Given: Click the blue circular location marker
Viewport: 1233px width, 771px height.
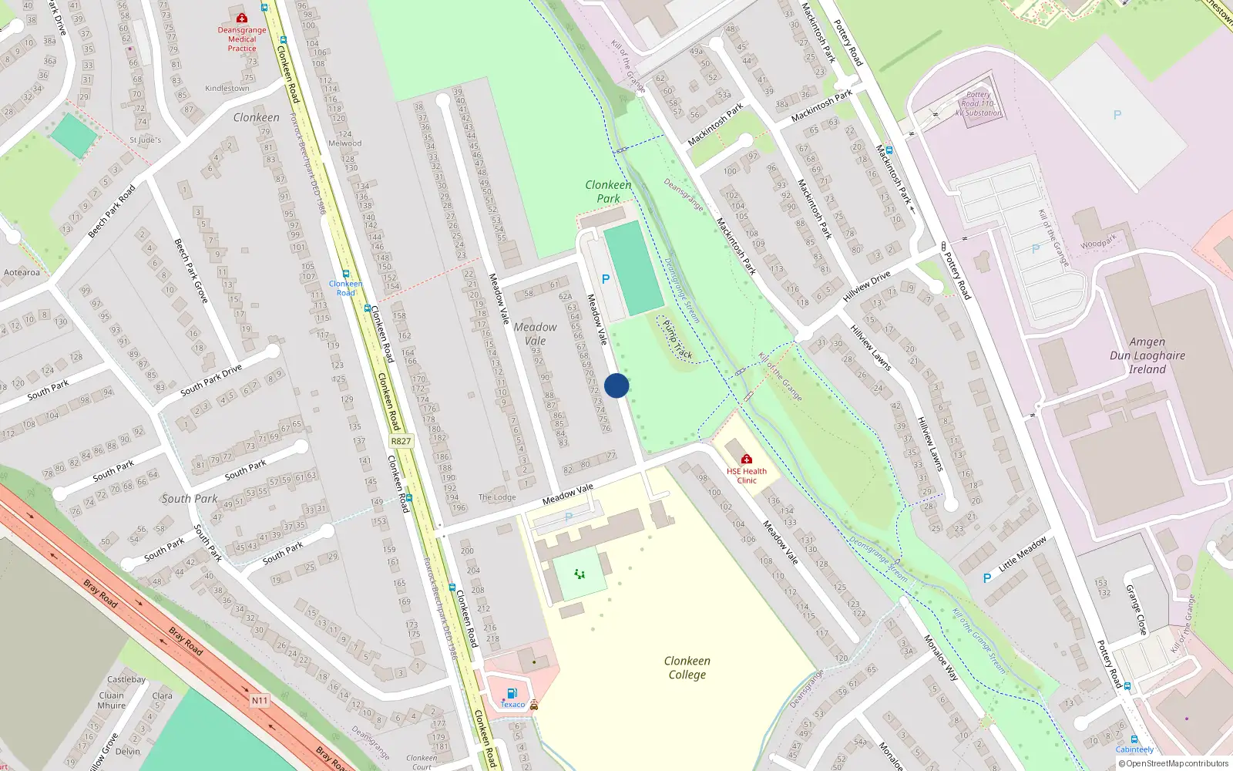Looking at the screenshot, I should [x=616, y=385].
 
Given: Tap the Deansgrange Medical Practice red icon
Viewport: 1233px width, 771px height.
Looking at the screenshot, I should [x=242, y=18].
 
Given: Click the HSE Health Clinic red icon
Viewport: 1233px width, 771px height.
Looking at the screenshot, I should [x=746, y=460].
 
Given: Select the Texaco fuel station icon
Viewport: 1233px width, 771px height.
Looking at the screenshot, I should [x=512, y=693].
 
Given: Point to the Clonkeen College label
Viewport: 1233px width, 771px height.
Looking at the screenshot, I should [x=687, y=668].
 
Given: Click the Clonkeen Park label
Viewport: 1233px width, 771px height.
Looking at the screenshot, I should [x=608, y=191].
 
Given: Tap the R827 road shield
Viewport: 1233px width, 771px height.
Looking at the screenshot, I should [x=401, y=441].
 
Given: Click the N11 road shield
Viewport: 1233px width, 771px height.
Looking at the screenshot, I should [x=260, y=701].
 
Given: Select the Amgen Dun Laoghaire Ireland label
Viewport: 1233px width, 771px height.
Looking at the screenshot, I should [x=1147, y=355].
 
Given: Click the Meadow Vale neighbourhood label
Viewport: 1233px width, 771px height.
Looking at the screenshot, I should [x=535, y=334].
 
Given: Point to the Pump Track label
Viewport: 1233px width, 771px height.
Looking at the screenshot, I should [x=677, y=340].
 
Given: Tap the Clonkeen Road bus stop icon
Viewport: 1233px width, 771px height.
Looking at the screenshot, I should [x=345, y=274].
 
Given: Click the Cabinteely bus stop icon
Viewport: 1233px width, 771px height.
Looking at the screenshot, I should [x=1134, y=739].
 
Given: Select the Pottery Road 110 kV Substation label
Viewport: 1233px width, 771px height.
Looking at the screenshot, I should [x=978, y=103].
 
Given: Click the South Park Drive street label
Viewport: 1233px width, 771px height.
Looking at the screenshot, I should [x=211, y=380].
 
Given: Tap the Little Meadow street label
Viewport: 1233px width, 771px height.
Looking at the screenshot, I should [x=1023, y=554].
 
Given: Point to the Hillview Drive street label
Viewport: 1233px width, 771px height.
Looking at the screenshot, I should [x=867, y=286].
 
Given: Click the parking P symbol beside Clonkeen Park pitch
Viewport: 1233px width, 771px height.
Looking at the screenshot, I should [x=606, y=279].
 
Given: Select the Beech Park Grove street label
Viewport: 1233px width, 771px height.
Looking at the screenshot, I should [x=190, y=271].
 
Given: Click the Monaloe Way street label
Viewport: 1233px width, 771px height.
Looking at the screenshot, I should [x=941, y=658].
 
